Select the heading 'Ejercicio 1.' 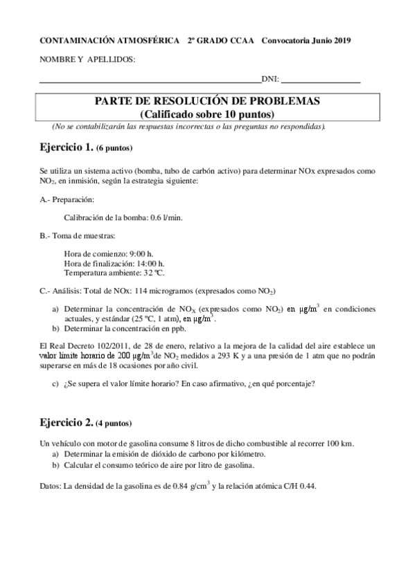[67, 147]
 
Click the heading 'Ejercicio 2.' [67, 422]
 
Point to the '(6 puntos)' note [114, 148]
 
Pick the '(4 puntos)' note [114, 423]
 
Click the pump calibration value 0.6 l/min [164, 217]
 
